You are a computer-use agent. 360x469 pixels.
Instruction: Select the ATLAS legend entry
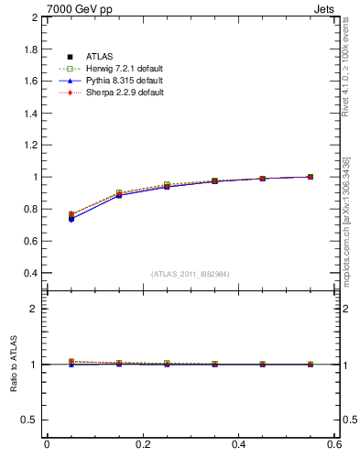(x=101, y=58)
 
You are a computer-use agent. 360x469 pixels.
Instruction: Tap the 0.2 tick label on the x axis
(x=143, y=444)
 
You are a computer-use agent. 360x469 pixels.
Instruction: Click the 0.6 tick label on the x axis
(x=334, y=444)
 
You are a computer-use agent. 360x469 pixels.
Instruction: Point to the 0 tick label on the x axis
(x=47, y=444)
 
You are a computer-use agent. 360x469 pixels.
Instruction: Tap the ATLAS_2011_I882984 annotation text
(x=190, y=274)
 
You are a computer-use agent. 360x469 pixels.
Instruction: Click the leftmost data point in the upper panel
(x=71, y=218)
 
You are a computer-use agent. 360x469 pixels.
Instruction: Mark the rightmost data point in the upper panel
(x=311, y=177)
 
